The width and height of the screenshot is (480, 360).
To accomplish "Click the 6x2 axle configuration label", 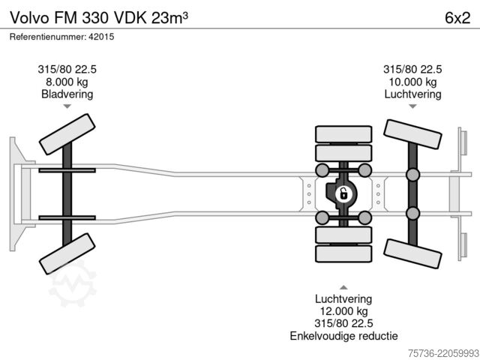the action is [x=457, y=18].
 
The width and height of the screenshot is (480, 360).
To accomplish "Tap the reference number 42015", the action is [x=101, y=37].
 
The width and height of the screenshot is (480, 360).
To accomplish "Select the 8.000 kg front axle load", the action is [x=67, y=82].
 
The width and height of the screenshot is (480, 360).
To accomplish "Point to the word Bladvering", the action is [x=67, y=94].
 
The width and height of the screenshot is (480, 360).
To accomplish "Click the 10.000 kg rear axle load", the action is [x=412, y=82].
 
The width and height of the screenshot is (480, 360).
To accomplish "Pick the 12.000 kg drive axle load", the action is [x=343, y=311].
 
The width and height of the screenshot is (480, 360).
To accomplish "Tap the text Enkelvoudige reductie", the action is [x=343, y=336].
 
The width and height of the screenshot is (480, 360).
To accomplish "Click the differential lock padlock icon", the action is [x=343, y=194].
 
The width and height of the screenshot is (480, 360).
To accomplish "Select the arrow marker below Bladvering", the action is [x=67, y=106].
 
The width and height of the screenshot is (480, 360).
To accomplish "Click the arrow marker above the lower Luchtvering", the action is [x=343, y=287].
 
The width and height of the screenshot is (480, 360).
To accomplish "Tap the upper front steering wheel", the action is [x=67, y=134].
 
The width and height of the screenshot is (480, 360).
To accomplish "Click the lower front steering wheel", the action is [x=67, y=253].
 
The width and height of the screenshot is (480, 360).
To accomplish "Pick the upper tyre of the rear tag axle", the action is [x=412, y=134].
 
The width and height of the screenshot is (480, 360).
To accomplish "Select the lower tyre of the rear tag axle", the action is [x=412, y=254].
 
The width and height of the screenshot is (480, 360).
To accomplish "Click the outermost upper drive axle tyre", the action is [x=343, y=134].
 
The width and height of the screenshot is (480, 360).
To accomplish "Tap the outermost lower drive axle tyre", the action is [x=343, y=253].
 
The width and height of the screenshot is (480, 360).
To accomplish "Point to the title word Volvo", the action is [x=30, y=18].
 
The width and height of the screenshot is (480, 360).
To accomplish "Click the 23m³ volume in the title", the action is [x=169, y=18].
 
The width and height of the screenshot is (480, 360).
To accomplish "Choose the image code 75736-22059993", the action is [x=443, y=353].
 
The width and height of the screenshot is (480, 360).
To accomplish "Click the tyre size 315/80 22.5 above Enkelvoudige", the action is [x=343, y=323].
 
